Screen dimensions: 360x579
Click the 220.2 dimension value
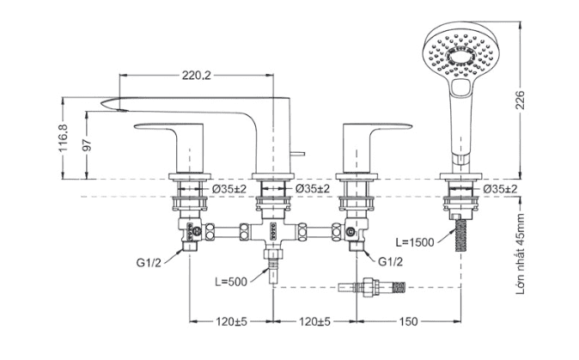tap(196, 76)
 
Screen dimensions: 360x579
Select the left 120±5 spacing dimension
tap(231, 321)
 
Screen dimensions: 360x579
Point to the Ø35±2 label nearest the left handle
tap(229, 188)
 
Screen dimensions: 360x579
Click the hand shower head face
tap(460, 55)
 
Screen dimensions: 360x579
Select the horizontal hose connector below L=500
tap(377, 286)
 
